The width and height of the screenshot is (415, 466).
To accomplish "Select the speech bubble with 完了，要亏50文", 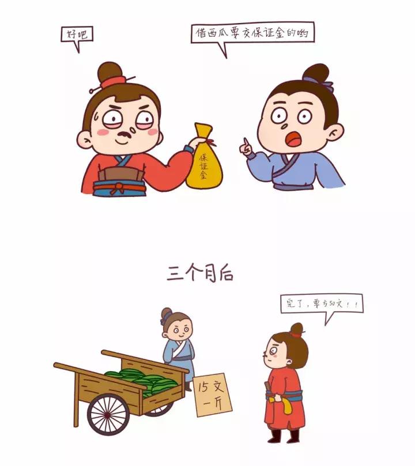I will click(322, 304).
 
